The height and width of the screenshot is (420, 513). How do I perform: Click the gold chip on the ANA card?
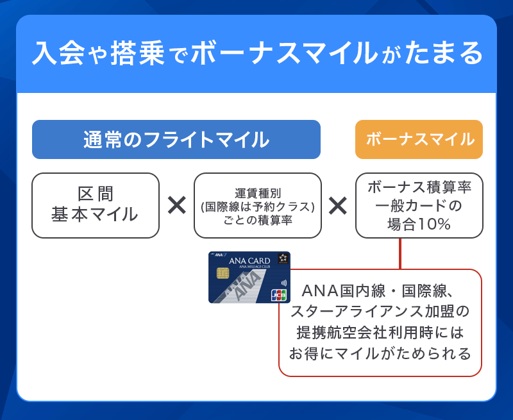click(x=223, y=274)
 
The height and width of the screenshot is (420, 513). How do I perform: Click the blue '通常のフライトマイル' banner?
click(x=176, y=139)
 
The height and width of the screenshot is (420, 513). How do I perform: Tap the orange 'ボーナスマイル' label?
click(x=419, y=139)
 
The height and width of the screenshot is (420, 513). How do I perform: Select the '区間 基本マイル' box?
click(x=95, y=205)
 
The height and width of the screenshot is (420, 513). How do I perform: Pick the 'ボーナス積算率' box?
click(x=419, y=205)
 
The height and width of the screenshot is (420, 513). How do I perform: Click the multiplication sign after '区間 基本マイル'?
click(x=176, y=206)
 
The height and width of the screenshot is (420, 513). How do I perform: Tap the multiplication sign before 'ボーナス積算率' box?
click(x=338, y=206)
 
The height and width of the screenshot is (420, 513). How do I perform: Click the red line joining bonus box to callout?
click(x=400, y=253)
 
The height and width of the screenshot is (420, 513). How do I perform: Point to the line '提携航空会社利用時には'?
click(x=380, y=333)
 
